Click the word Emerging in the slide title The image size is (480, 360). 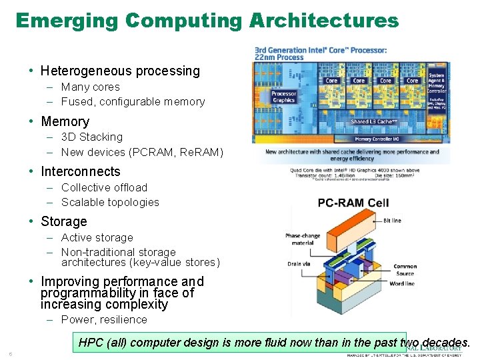pyautogui.click(x=67, y=21)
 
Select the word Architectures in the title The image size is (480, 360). pyautogui.click(x=324, y=21)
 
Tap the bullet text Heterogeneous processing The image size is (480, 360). pyautogui.click(x=120, y=71)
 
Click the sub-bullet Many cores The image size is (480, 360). pyautogui.click(x=91, y=87)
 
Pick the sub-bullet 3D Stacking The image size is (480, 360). pyautogui.click(x=92, y=137)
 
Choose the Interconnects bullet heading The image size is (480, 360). pyautogui.click(x=81, y=171)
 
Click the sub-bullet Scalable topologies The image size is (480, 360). pyautogui.click(x=110, y=202)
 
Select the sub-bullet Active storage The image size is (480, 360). pyautogui.click(x=97, y=237)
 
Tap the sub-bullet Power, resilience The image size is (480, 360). pyautogui.click(x=104, y=319)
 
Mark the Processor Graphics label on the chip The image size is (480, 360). pyautogui.click(x=284, y=97)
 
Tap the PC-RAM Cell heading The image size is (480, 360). pyautogui.click(x=353, y=203)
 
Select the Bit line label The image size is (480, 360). pyautogui.click(x=392, y=221)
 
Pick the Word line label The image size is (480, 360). pyautogui.click(x=402, y=283)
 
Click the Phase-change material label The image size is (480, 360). pyautogui.click(x=303, y=239)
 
